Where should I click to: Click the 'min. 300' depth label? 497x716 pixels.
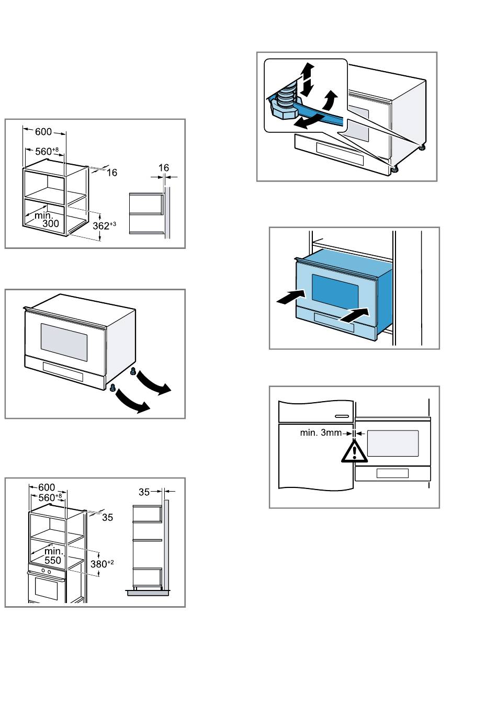[47, 219]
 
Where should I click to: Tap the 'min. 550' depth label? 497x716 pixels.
[53, 555]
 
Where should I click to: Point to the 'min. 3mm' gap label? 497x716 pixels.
[320, 433]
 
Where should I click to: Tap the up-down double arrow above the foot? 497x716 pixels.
[308, 79]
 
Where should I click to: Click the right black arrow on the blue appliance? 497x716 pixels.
[355, 315]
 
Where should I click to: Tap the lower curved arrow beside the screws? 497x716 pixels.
[132, 402]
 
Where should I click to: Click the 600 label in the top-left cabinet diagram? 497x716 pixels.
[43, 132]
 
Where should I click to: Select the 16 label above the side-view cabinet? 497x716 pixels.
[164, 168]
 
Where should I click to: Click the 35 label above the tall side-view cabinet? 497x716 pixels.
[144, 492]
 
